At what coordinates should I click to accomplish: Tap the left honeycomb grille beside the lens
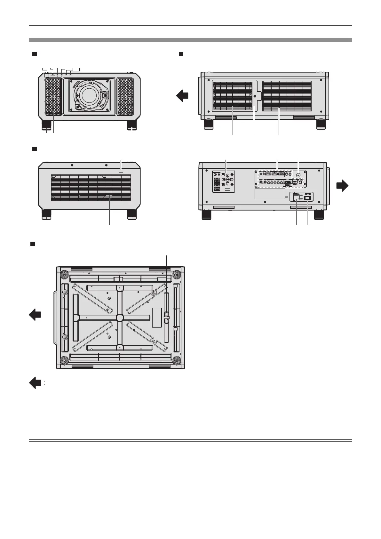tap(53, 97)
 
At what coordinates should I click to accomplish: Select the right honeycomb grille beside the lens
tap(125, 97)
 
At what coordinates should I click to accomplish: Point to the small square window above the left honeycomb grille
tap(47, 75)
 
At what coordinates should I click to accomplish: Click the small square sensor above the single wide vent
tap(121, 171)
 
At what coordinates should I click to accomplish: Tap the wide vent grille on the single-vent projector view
tap(90, 188)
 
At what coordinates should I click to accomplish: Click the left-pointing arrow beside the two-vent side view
tap(183, 96)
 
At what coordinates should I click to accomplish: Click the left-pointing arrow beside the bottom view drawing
tap(35, 314)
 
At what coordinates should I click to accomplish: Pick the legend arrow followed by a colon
tap(35, 383)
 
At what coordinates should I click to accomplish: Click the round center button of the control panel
tap(227, 180)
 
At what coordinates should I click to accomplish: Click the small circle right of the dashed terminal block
tap(298, 175)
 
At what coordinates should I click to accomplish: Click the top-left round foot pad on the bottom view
tap(64, 274)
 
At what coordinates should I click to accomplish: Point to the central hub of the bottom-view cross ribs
tap(119, 317)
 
